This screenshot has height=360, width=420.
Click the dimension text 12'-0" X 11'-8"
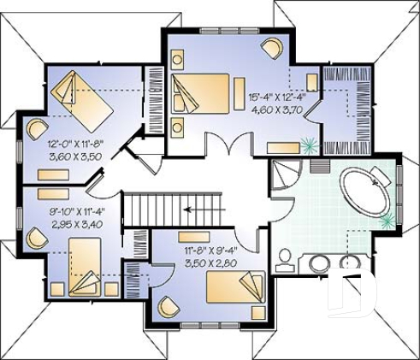pyautogui.click(x=74, y=146)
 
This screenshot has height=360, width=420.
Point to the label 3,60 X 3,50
pyautogui.click(x=74, y=158)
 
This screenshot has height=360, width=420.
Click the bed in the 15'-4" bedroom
pyautogui.click(x=203, y=93)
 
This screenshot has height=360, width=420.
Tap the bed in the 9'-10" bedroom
pyautogui.click(x=84, y=261)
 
